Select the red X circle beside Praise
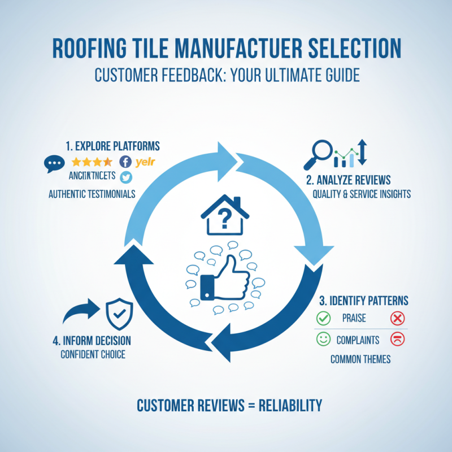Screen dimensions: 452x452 398,319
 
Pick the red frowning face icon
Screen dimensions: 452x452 398,340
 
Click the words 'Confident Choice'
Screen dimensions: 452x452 93,355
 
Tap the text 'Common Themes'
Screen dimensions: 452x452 360,359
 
